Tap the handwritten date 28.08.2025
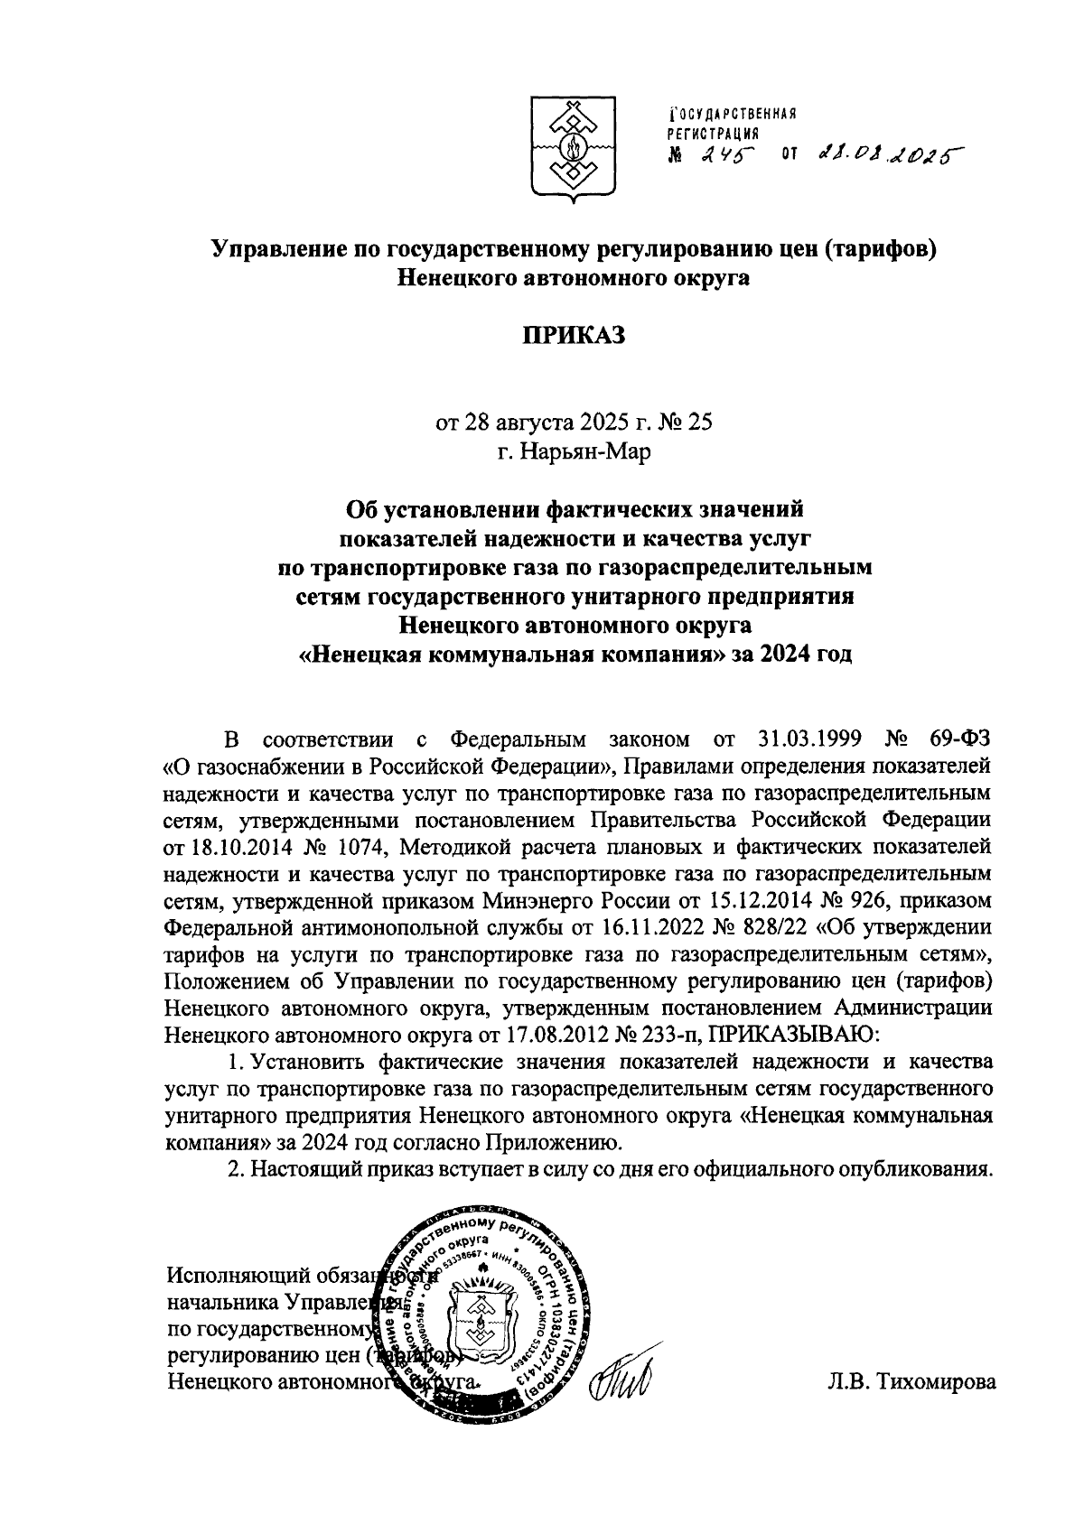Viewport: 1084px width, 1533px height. [x=885, y=155]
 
